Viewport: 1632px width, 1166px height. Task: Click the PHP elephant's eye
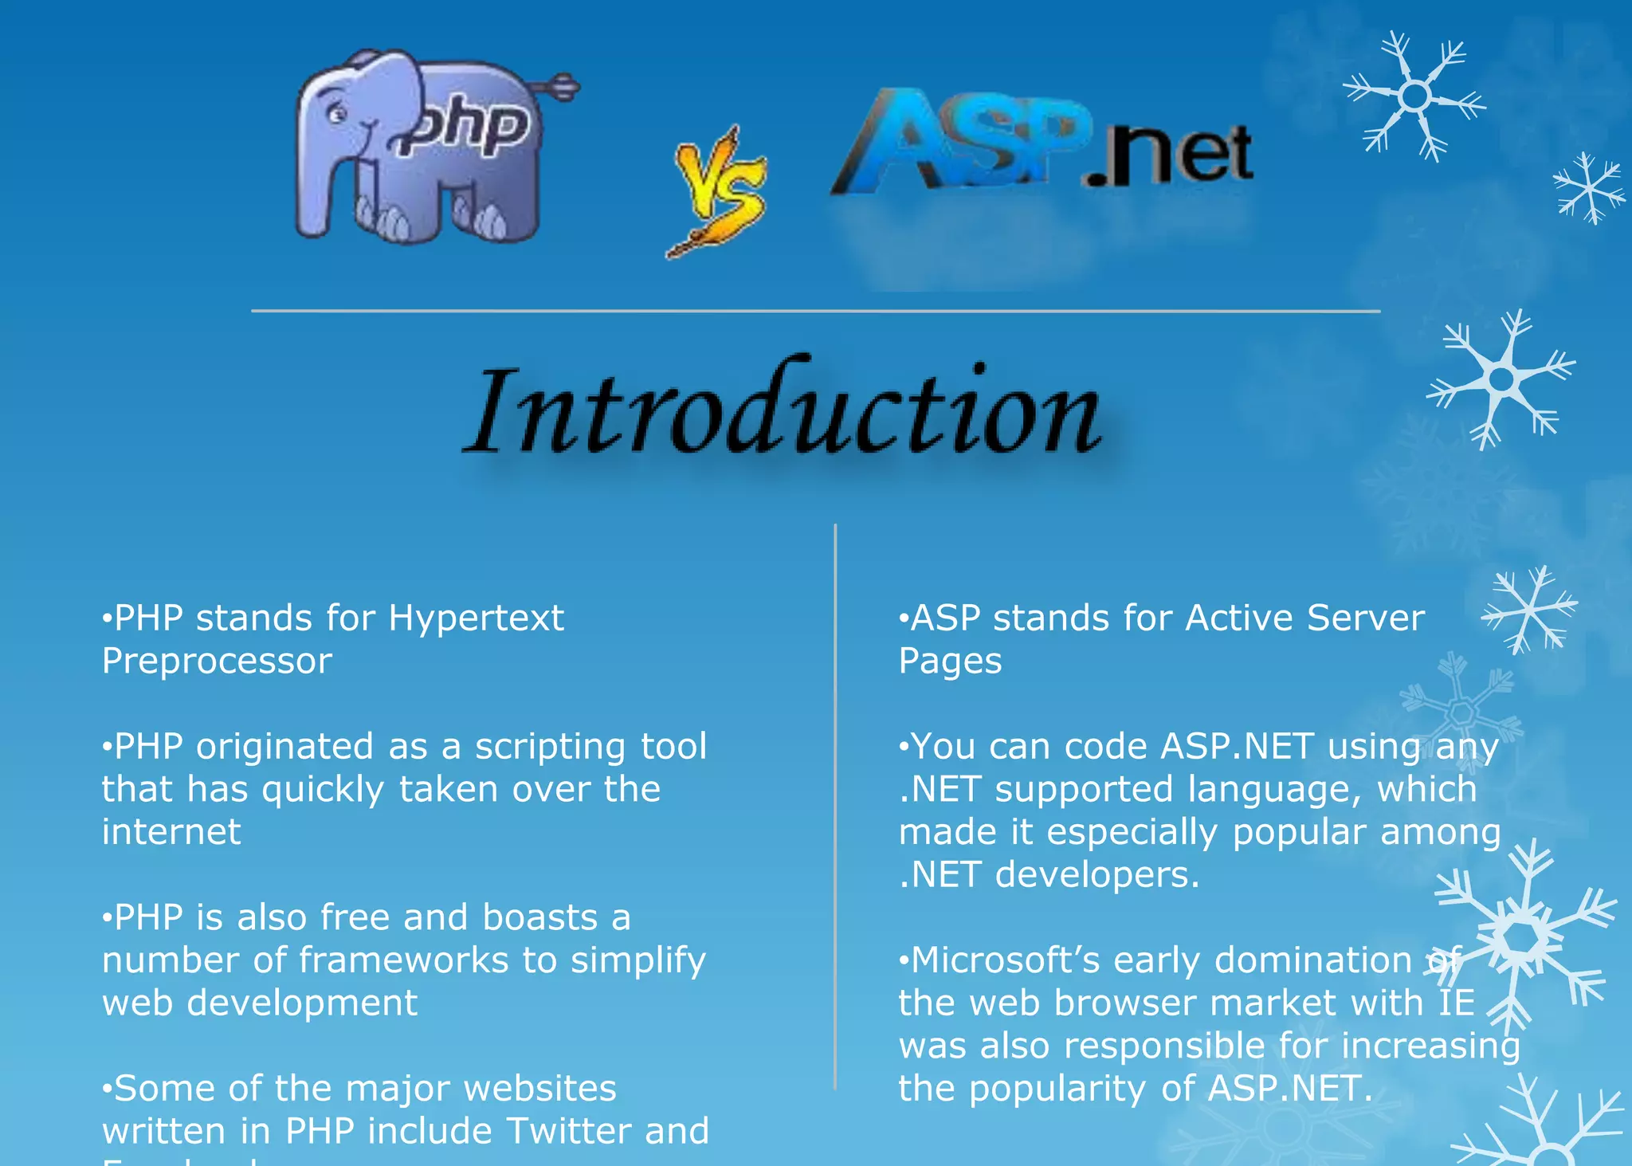click(337, 115)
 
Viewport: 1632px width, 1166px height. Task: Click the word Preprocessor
click(217, 662)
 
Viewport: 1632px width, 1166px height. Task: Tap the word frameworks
click(403, 960)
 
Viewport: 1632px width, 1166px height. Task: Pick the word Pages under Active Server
click(950, 662)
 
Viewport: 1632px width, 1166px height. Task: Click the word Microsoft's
click(1004, 960)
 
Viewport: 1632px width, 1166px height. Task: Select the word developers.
click(1096, 875)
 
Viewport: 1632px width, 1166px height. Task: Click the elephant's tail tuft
click(562, 85)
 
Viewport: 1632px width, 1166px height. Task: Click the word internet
click(171, 832)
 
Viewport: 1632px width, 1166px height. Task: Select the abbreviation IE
click(1457, 1003)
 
